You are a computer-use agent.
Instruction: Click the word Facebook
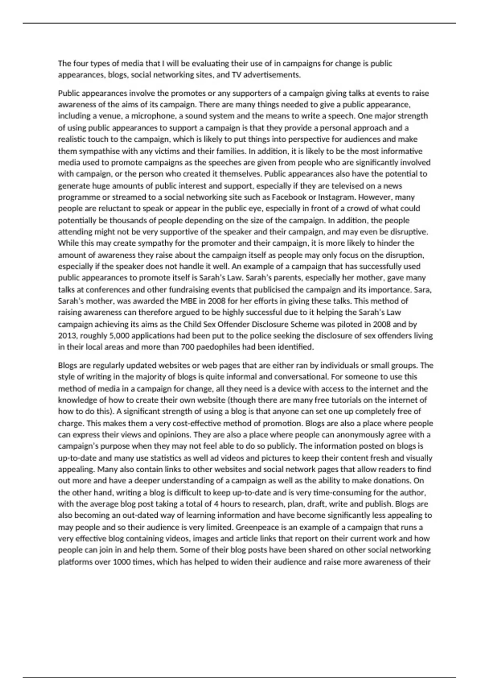289,197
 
